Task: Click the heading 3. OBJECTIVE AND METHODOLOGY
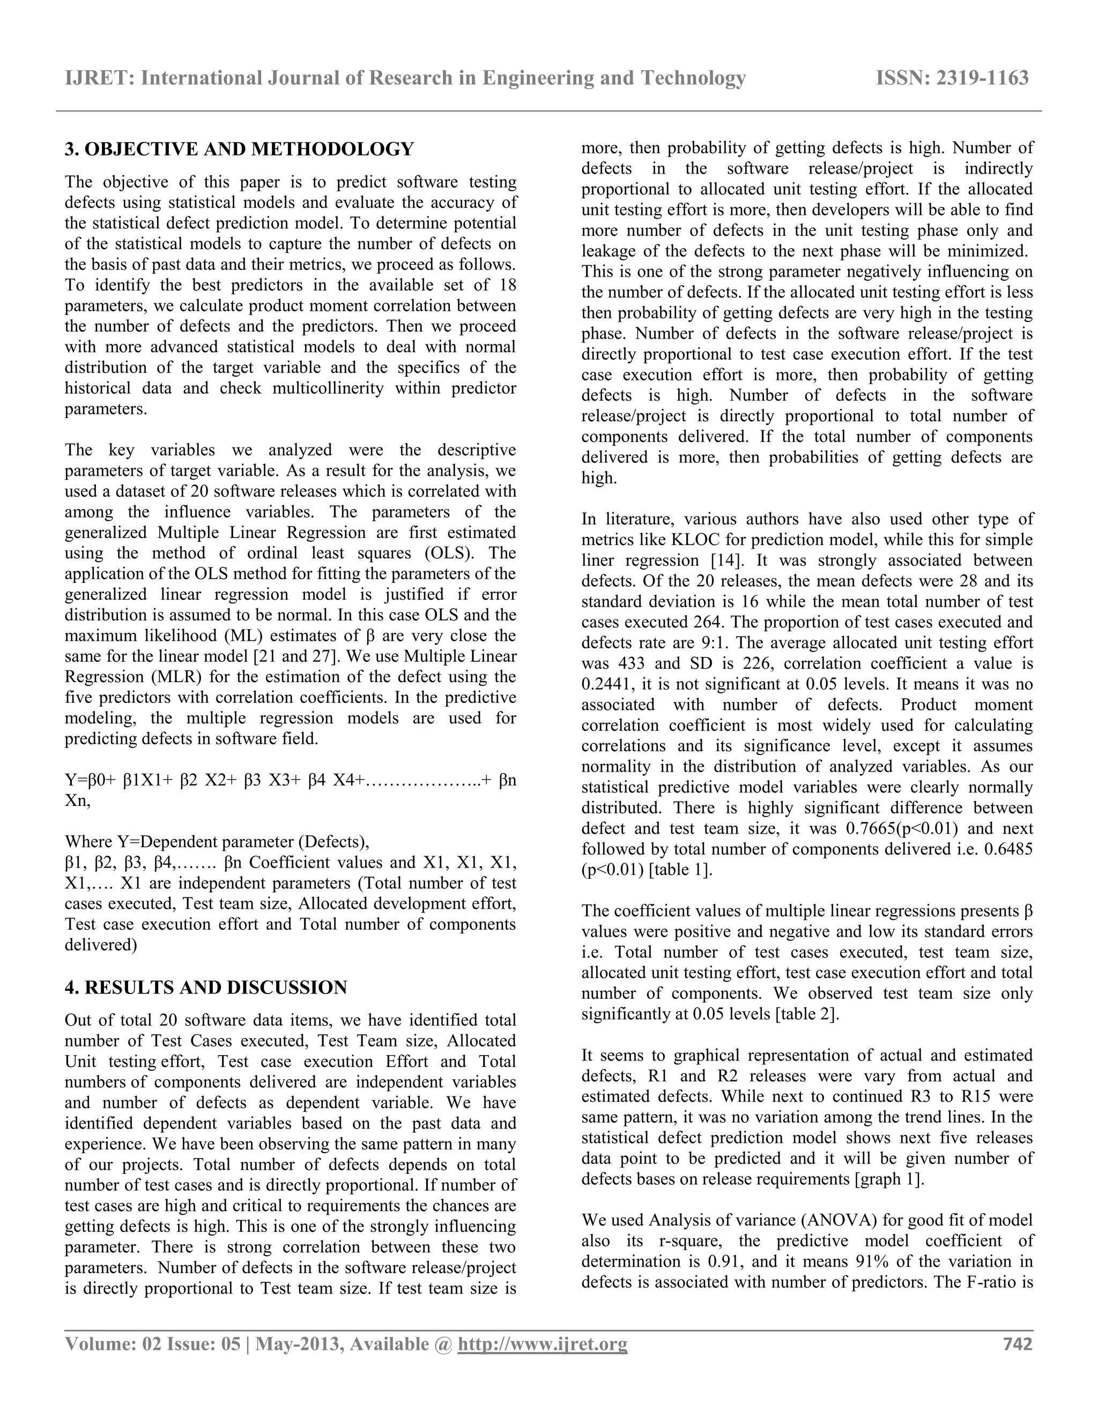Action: point(239,149)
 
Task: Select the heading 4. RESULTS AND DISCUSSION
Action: point(205,988)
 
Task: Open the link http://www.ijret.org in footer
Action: point(543,1344)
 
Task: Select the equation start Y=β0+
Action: point(91,780)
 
